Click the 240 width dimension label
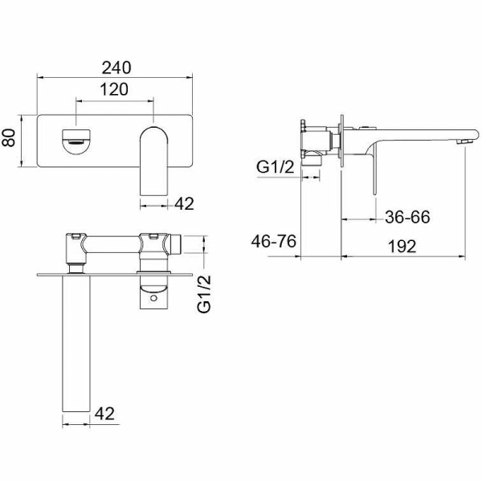pyautogui.click(x=116, y=67)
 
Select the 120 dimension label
pyautogui.click(x=114, y=89)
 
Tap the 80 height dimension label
pyautogui.click(x=9, y=138)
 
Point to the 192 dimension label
pyautogui.click(x=402, y=247)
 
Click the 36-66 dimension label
pyautogui.click(x=407, y=217)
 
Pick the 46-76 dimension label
pyautogui.click(x=274, y=241)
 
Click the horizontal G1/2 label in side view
pyautogui.click(x=276, y=167)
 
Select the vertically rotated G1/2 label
pyautogui.click(x=204, y=294)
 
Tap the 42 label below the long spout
pyautogui.click(x=104, y=414)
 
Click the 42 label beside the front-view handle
pyautogui.click(x=184, y=204)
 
